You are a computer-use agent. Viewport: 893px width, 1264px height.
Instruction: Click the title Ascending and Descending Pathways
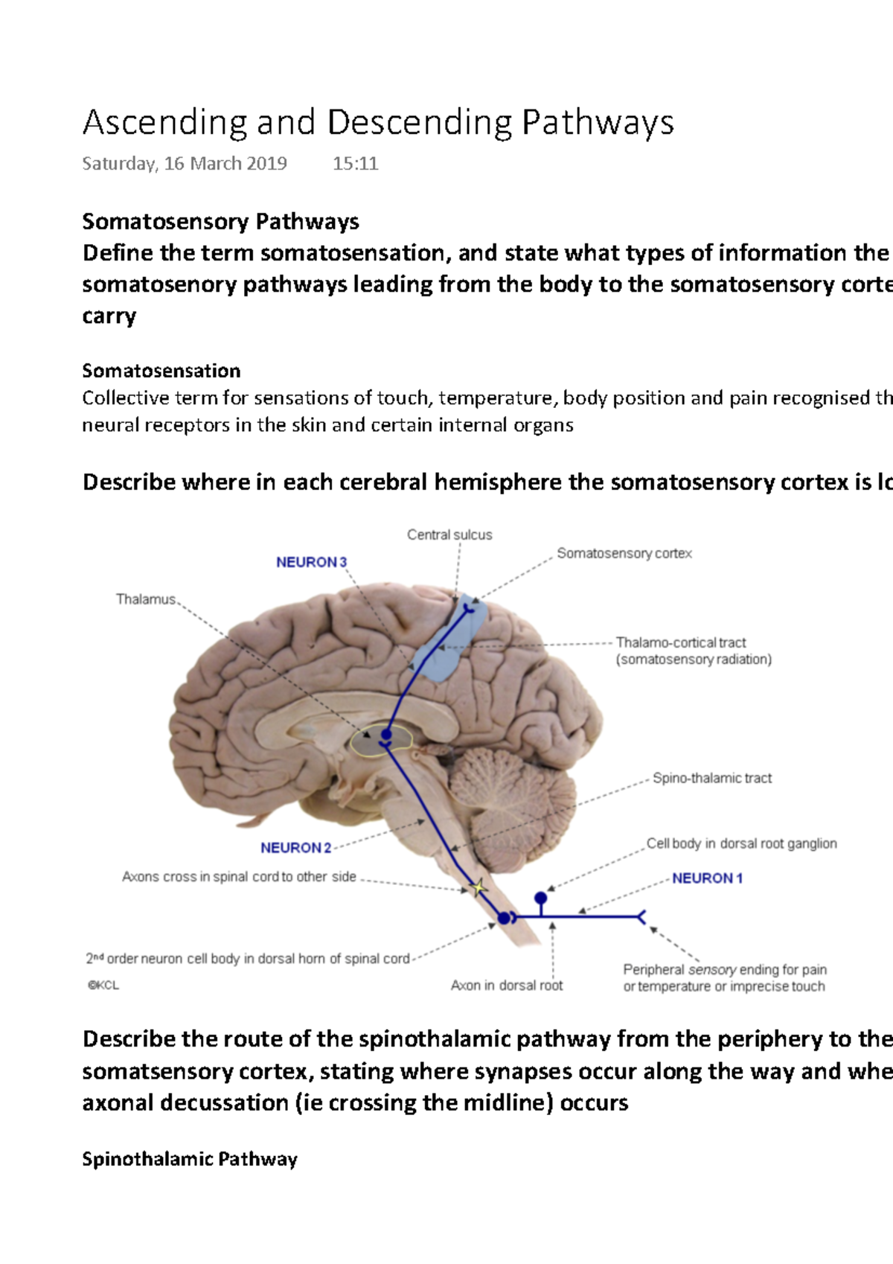coord(378,123)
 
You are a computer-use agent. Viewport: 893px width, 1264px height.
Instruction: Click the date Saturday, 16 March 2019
coord(184,164)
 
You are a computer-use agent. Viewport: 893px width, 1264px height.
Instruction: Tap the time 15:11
coord(355,164)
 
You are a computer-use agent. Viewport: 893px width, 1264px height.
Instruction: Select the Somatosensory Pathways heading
coord(220,222)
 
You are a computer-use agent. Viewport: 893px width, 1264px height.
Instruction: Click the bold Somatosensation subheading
coord(161,371)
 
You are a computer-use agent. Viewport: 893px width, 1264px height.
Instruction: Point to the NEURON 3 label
coord(311,562)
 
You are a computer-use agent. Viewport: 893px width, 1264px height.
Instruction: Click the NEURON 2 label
coord(295,848)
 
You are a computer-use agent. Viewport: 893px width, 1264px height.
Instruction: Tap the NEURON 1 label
coord(707,878)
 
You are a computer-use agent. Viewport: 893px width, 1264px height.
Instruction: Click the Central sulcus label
coord(449,534)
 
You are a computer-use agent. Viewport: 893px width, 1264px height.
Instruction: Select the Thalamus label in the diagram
coord(146,599)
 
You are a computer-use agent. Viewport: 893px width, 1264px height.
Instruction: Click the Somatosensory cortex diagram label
coord(624,553)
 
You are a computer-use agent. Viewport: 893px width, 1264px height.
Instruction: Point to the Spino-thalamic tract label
coord(712,778)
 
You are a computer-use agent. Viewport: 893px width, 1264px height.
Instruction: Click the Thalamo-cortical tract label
coord(681,642)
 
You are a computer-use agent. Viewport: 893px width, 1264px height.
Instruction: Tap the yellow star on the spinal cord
coord(478,887)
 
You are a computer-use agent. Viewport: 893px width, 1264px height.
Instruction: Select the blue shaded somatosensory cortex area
coord(450,640)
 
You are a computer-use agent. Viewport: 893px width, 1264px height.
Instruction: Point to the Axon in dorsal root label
coord(506,986)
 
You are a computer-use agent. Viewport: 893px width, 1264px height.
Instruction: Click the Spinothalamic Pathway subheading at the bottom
coord(190,1159)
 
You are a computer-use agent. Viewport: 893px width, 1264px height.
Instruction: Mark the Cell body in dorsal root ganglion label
coord(741,843)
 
